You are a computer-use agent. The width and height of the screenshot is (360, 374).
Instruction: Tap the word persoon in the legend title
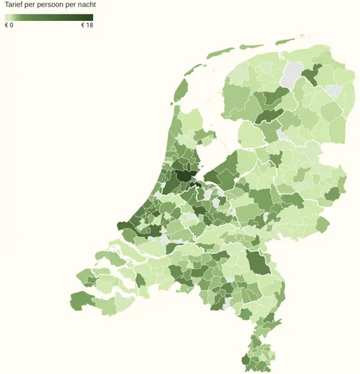pos(58,5)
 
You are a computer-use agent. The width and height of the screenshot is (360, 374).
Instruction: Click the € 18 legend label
pos(86,25)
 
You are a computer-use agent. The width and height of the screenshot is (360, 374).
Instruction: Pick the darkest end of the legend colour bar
pos(91,17)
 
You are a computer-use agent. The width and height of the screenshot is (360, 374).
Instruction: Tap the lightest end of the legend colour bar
pos(6,17)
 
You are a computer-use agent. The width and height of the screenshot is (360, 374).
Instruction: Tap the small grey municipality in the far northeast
pos(333,92)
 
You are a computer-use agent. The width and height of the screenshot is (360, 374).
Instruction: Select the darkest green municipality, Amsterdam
pos(184,176)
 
